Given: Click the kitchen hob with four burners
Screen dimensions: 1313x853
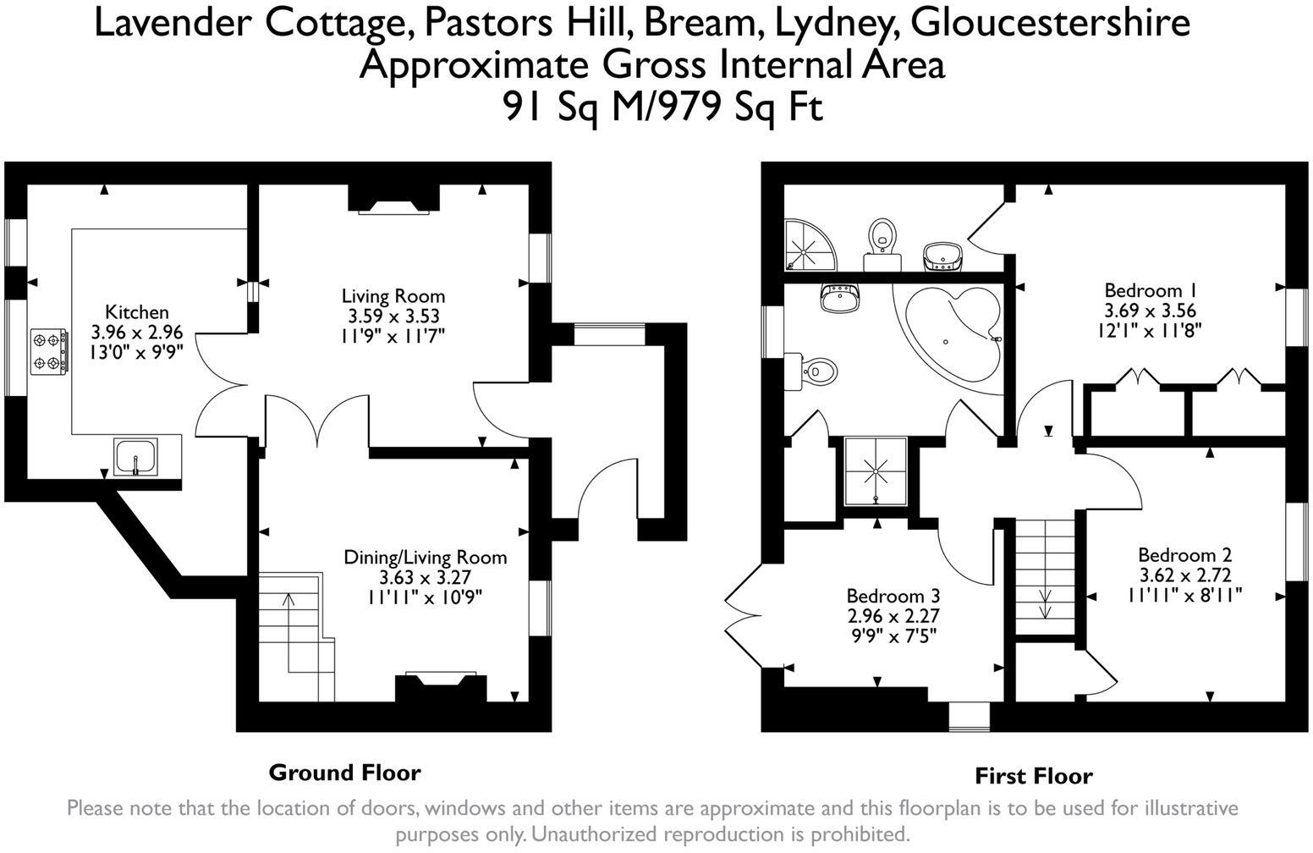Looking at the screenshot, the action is pyautogui.click(x=49, y=350).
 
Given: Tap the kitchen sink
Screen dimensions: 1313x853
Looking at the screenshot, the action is pyautogui.click(x=136, y=457).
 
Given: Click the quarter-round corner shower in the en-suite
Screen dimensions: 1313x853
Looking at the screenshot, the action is pyautogui.click(x=810, y=244).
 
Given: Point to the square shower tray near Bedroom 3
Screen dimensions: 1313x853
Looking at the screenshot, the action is pyautogui.click(x=875, y=471).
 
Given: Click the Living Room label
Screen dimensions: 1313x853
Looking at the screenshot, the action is pyautogui.click(x=393, y=296).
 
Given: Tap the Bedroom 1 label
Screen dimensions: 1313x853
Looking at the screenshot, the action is pyautogui.click(x=1150, y=290).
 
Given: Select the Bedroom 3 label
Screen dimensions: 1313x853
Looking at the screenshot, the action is pyautogui.click(x=893, y=596).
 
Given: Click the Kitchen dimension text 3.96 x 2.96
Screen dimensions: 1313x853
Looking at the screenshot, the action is pyautogui.click(x=136, y=332).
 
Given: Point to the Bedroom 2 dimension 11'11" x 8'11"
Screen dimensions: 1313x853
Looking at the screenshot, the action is pyautogui.click(x=1184, y=595).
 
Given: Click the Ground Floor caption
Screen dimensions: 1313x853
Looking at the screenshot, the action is pyautogui.click(x=344, y=773).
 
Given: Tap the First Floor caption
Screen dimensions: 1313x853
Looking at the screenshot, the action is pyautogui.click(x=1034, y=776).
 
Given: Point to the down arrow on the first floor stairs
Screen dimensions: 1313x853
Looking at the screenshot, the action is pyautogui.click(x=1045, y=604).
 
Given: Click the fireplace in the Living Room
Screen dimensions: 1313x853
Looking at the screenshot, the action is pyautogui.click(x=394, y=199).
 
